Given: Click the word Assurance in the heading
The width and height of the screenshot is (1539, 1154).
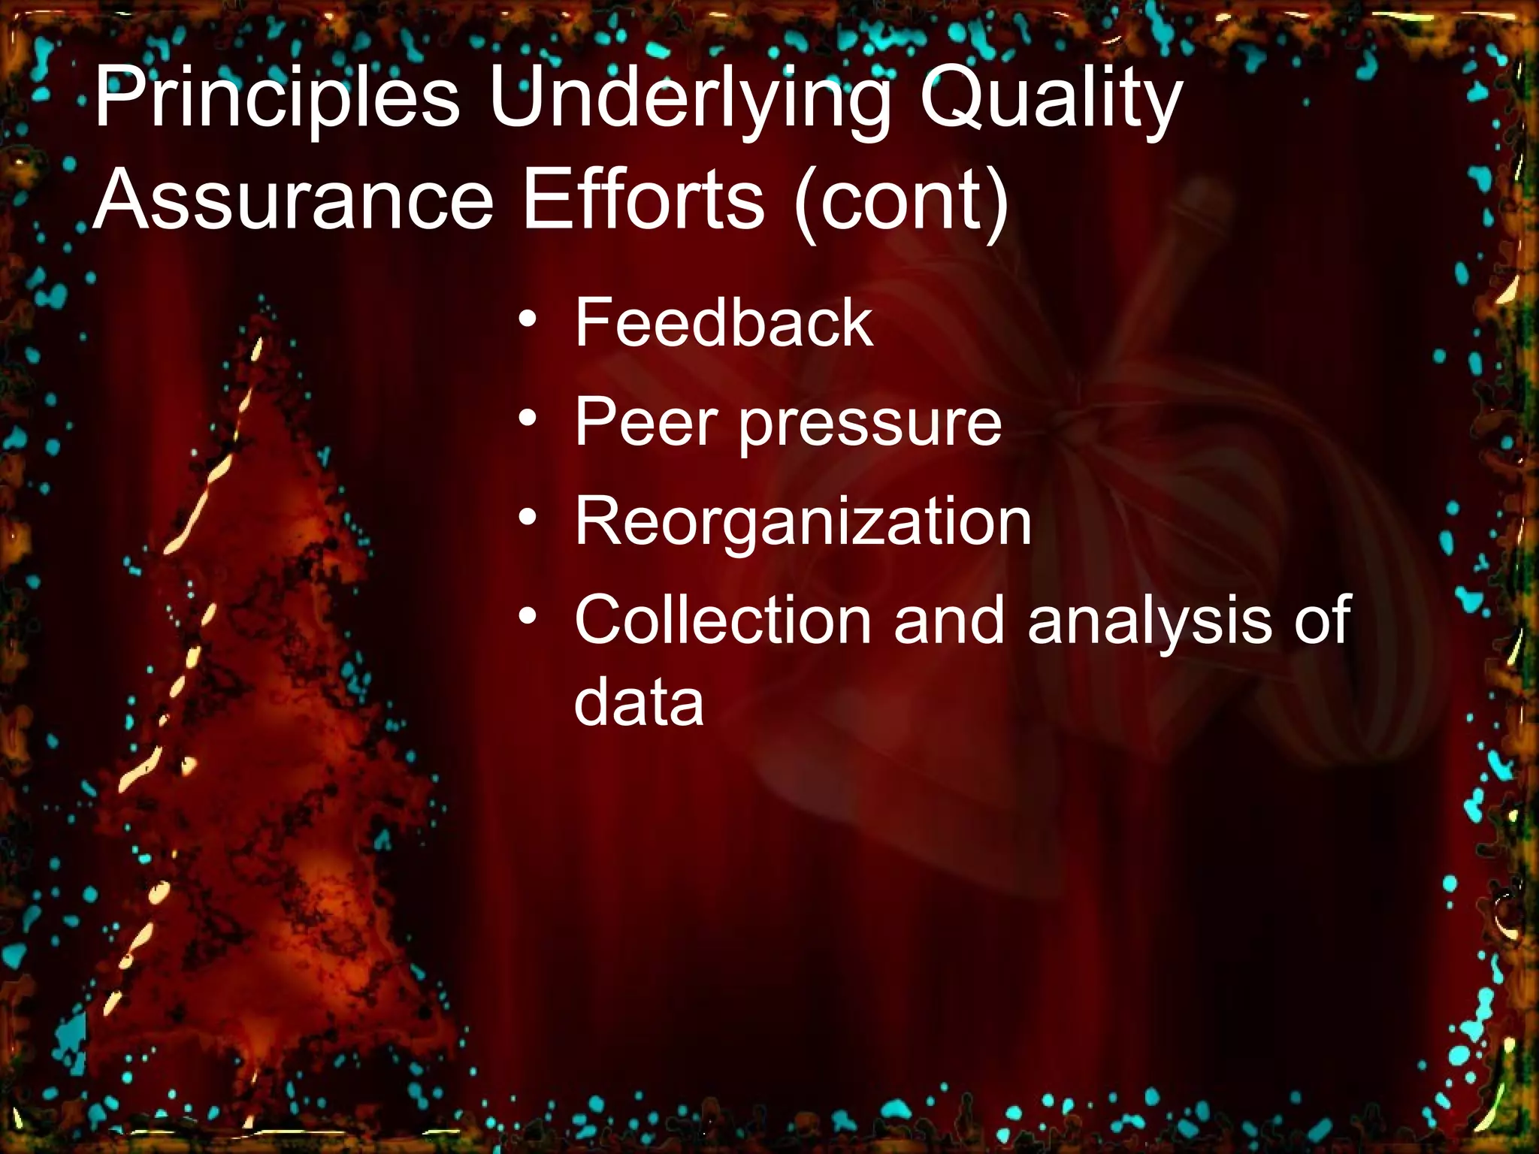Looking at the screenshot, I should (x=293, y=201).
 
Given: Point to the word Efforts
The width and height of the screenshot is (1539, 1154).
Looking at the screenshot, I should (x=643, y=201).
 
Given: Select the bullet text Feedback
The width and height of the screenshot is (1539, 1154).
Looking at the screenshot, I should (x=724, y=323).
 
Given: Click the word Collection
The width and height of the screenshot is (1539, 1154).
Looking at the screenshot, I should (x=722, y=620).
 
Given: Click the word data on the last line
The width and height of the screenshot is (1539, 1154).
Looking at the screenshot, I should (x=639, y=702).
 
